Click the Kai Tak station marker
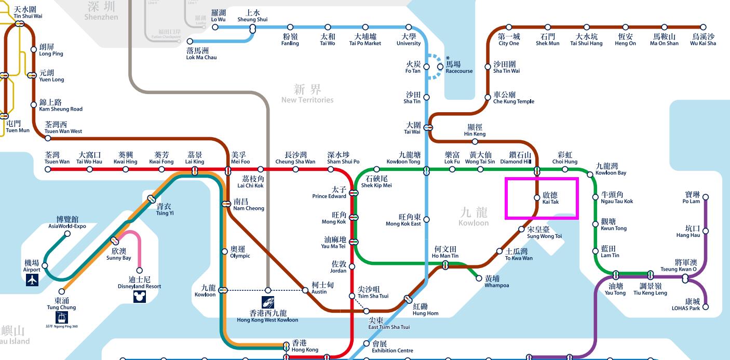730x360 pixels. point(537,197)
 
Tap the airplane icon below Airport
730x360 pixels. point(32,280)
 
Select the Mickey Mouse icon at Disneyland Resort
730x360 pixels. point(139,297)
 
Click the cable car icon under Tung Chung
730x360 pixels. point(61,317)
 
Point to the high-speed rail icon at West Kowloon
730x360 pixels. point(268,302)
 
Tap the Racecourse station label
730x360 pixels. point(458,67)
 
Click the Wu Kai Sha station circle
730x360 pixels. point(704,28)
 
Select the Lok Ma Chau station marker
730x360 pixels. point(190,41)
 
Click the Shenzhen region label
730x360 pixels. point(101,11)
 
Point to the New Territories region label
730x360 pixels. point(307,94)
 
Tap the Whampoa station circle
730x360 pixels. point(479,278)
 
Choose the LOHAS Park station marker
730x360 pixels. point(705,307)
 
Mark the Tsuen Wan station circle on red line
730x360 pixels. point(48,169)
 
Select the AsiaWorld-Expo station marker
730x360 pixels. point(67,234)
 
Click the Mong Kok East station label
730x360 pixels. point(403,220)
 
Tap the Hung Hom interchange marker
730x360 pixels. point(408,299)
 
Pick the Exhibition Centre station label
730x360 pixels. point(392,347)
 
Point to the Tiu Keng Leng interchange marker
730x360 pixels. point(650,274)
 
